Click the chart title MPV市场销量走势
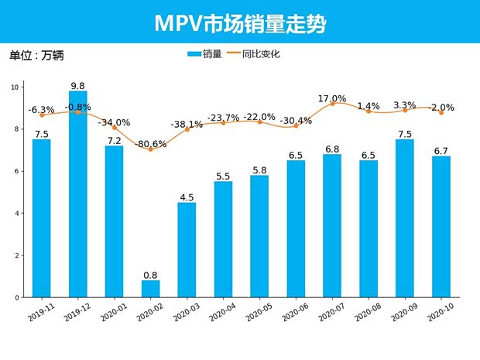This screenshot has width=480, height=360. pyautogui.click(x=240, y=23)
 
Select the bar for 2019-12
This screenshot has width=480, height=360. pyautogui.click(x=77, y=194)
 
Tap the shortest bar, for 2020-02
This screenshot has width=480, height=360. pyautogui.click(x=150, y=289)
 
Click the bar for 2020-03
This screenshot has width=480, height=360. pyautogui.click(x=187, y=250)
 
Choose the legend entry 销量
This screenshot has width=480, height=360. pyautogui.click(x=204, y=54)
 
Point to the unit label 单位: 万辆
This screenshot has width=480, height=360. pyautogui.click(x=36, y=56)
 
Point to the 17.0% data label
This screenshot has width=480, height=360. pyautogui.click(x=332, y=98)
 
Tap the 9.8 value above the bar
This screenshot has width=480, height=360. pyautogui.click(x=77, y=85)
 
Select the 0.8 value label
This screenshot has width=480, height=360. pyautogui.click(x=150, y=275)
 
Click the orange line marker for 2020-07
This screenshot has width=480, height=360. pyautogui.click(x=332, y=104)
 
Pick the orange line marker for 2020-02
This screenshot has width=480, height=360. pyautogui.click(x=150, y=149)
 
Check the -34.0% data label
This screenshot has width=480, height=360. pyautogui.click(x=114, y=122)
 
